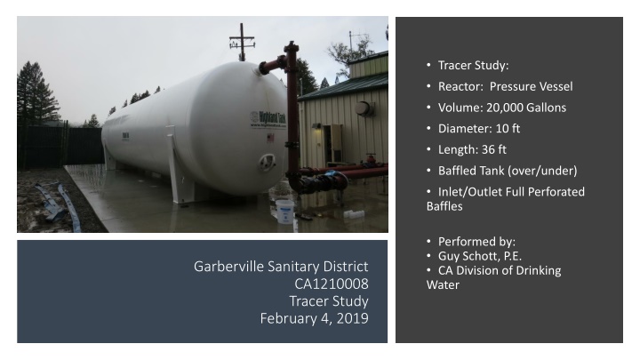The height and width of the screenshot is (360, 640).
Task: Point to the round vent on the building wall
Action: coord(362,108)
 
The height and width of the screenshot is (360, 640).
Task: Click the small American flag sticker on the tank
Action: coord(129,134)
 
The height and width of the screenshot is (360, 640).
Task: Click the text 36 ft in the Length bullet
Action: coord(492,149)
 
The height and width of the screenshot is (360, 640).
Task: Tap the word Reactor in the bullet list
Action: coord(460,86)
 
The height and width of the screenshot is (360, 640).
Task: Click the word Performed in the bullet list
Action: coord(468,241)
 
